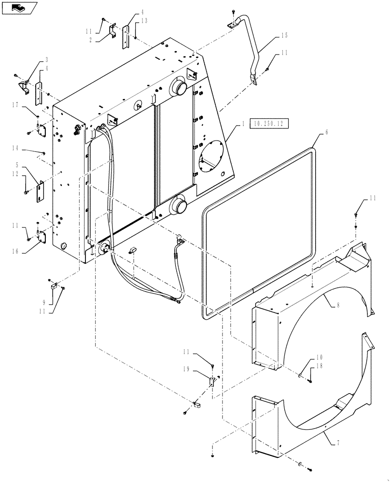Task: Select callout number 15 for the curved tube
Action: pos(284,36)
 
